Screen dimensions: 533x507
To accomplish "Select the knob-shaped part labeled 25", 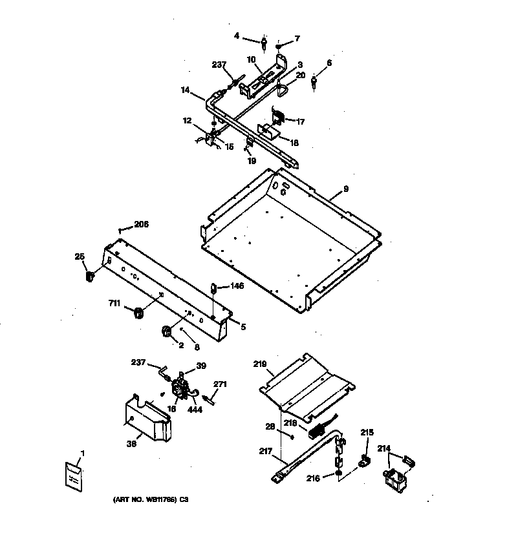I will pyautogui.click(x=90, y=277).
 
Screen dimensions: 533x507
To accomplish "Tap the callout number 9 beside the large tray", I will pyautogui.click(x=346, y=189).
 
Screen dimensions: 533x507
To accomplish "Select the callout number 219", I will pyautogui.click(x=259, y=364).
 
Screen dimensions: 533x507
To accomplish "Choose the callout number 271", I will pyautogui.click(x=221, y=384).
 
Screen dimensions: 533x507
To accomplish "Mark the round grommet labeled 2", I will pyautogui.click(x=166, y=331).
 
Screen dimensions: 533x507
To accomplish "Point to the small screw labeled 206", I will pyautogui.click(x=121, y=230).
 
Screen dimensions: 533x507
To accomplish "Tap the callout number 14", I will pyautogui.click(x=185, y=91).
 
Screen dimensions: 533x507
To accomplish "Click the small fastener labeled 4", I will pyautogui.click(x=266, y=45).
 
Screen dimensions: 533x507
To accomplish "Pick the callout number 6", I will pyautogui.click(x=329, y=63).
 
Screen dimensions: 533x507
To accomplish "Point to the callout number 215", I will pyautogui.click(x=367, y=432).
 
